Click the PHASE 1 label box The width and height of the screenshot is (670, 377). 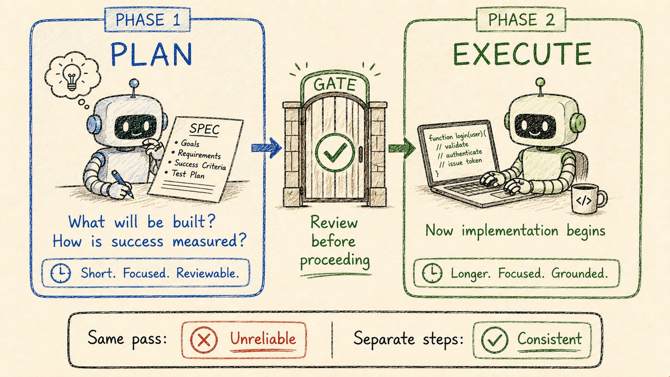[x=148, y=20]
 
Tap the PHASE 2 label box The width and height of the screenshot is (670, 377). [x=521, y=20]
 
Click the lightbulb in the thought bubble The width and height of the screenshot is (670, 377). [x=72, y=77]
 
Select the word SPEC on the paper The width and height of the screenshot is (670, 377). [x=205, y=129]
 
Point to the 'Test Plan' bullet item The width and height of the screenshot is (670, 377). [x=188, y=174]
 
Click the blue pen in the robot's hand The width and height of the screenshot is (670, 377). [x=123, y=184]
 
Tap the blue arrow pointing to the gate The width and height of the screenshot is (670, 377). [x=266, y=148]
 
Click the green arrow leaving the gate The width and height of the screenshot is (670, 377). [x=402, y=148]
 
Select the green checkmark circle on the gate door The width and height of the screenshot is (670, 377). [x=335, y=153]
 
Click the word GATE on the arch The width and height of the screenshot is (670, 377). [x=335, y=85]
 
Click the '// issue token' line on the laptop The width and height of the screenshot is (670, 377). [x=461, y=162]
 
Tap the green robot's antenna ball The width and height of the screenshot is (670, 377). [x=540, y=82]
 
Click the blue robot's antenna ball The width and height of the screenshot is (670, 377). [x=134, y=83]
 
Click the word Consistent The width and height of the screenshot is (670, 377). [x=550, y=339]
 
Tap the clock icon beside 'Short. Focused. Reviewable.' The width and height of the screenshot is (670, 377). [x=61, y=273]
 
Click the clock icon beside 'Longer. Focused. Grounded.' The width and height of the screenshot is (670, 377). [x=432, y=273]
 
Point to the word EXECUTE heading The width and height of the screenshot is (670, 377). [x=522, y=54]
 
